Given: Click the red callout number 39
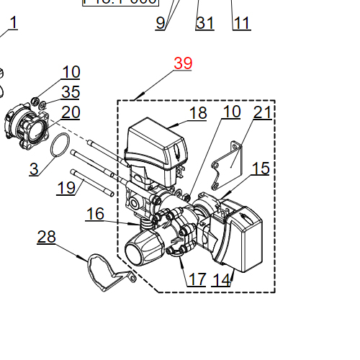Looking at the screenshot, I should pos(183,63).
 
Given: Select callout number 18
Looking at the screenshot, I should pos(198,112).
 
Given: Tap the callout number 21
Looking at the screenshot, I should pos(263,112).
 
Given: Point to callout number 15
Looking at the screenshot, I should pos(261,168).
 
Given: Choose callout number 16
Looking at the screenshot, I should pos(95,214).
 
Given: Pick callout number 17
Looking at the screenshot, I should pos(197,279).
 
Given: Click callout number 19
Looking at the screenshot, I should pos(66,188).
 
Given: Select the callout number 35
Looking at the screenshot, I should pos(71,91).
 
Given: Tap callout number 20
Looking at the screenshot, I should pos(71,112).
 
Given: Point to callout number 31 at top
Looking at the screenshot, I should pos(205,23).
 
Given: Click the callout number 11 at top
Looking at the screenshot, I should pos(242,23).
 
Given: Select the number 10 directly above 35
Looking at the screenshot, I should pos(71,72).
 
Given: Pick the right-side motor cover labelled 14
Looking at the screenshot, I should pos(245,238).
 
